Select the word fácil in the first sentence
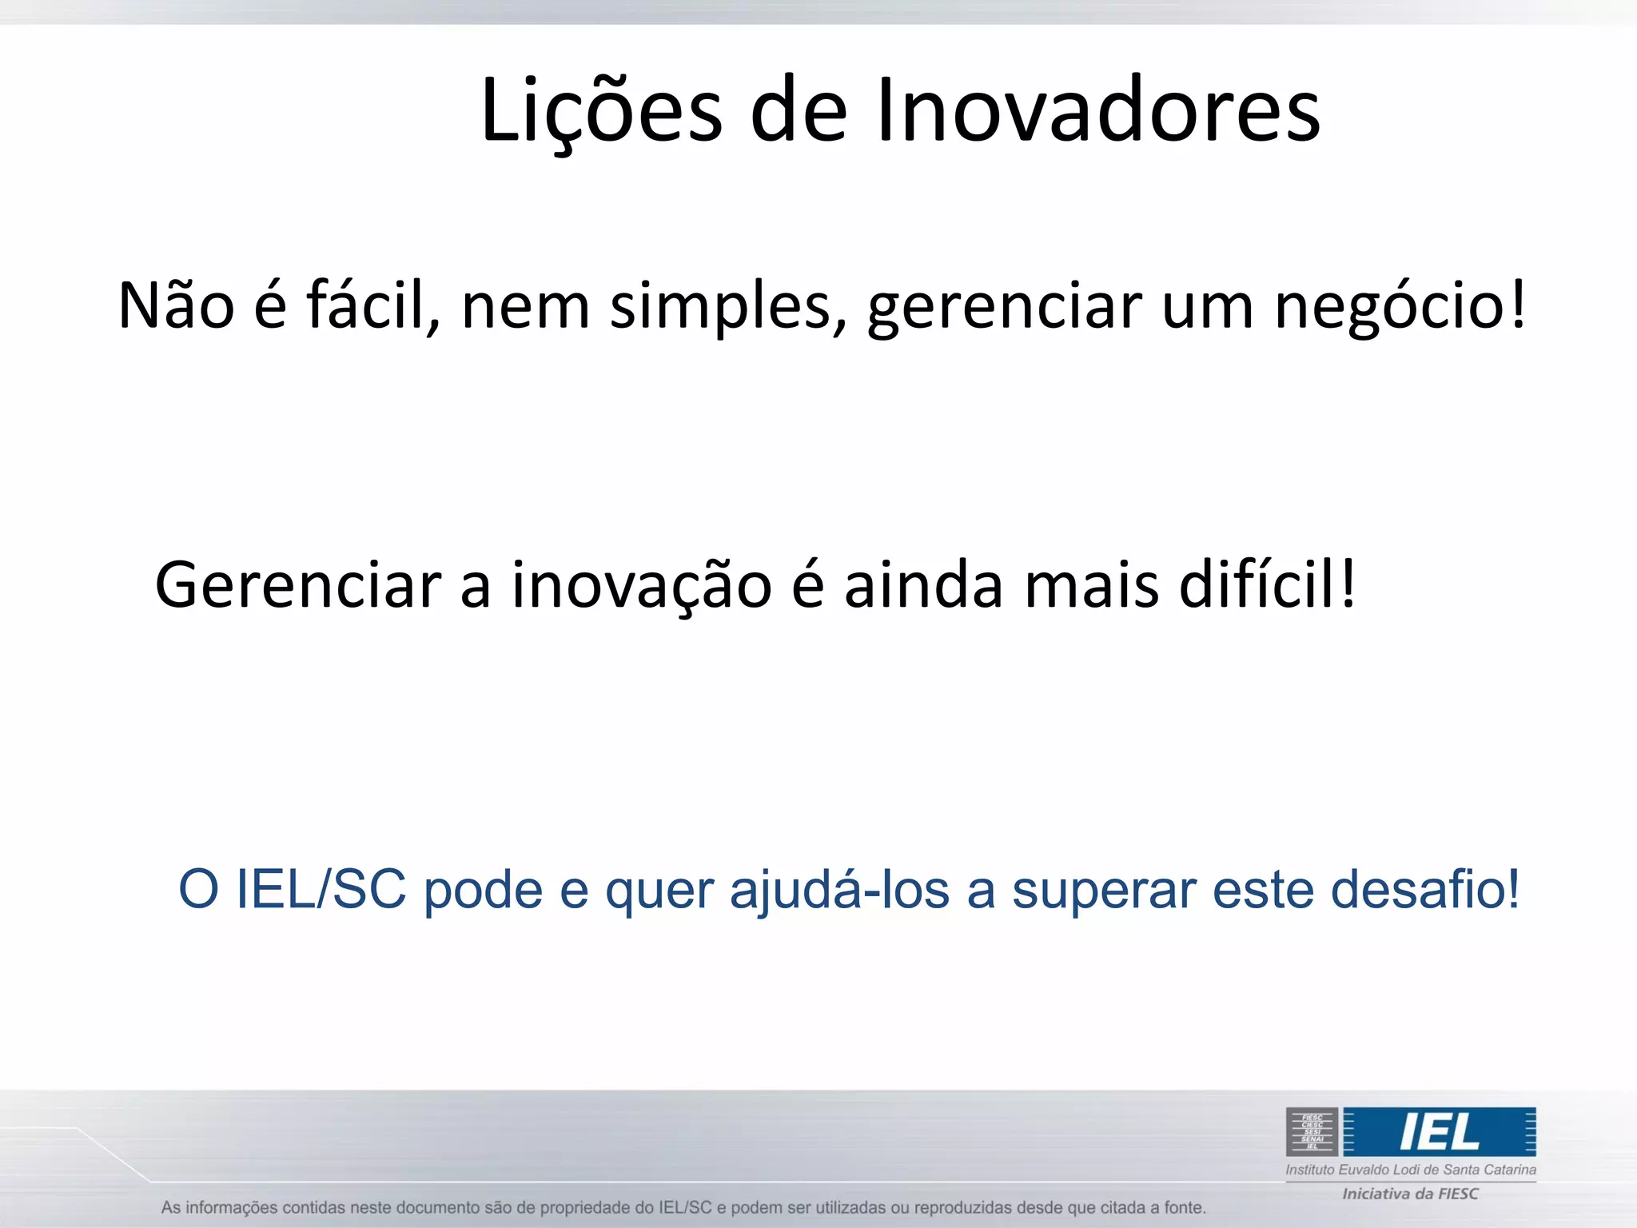click(x=372, y=305)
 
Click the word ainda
click(x=923, y=585)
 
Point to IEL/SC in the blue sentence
click(x=321, y=889)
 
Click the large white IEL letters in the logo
click(x=1439, y=1132)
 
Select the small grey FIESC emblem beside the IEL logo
click(x=1312, y=1132)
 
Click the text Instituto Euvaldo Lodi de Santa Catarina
click(x=1410, y=1170)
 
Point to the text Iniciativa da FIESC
click(x=1410, y=1194)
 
